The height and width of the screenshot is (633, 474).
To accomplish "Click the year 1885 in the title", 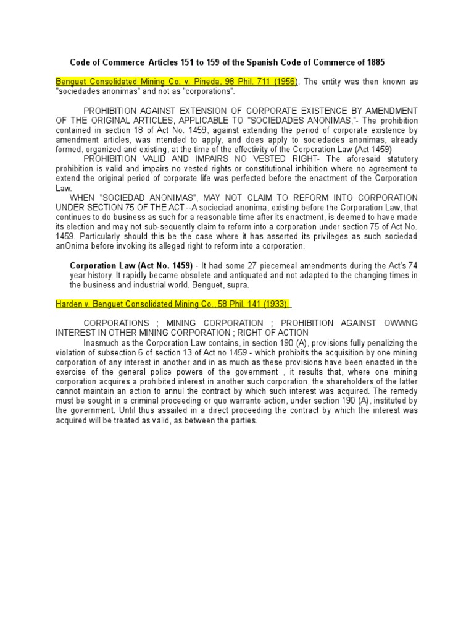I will pyautogui.click(x=376, y=63).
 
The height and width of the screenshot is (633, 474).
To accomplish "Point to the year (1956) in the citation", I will pyautogui.click(x=285, y=82).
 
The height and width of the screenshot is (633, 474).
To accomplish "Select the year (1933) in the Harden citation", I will pyautogui.click(x=275, y=304).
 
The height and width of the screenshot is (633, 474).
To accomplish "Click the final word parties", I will pyautogui.click(x=241, y=420).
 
